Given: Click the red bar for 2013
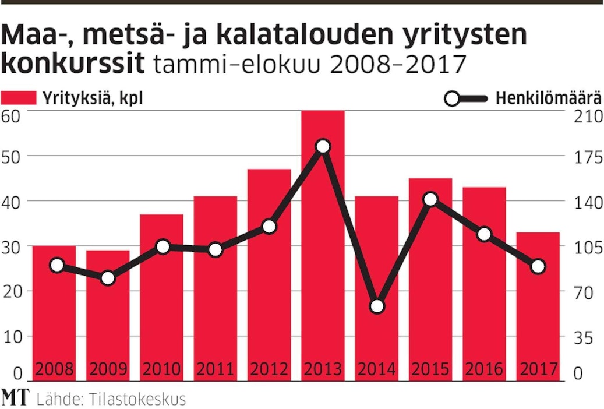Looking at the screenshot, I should (323, 245).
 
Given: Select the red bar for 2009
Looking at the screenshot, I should (108, 315).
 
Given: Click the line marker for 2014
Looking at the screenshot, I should (377, 306).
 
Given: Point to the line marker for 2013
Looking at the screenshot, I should (323, 146).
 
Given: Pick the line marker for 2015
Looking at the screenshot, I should (430, 199).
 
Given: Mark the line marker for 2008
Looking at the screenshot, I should (56, 265).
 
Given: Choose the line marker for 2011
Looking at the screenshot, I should (216, 250).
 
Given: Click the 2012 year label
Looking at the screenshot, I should (269, 369).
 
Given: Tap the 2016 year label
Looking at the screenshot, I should (484, 369).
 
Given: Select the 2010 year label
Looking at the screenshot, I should (161, 369).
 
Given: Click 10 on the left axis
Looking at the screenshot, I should (12, 337).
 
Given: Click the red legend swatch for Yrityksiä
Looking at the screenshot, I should (19, 97).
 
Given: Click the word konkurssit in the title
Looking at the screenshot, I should (72, 64).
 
